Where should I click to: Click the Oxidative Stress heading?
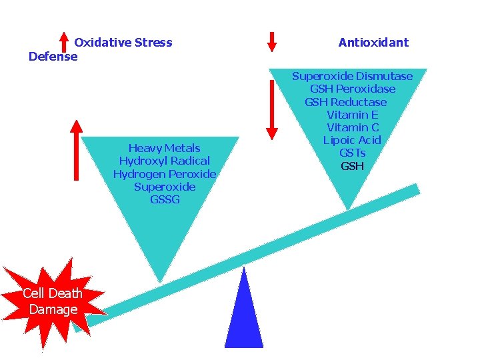click(x=123, y=43)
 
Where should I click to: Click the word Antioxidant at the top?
click(x=373, y=43)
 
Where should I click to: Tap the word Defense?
click(x=53, y=57)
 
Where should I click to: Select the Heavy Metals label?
click(x=164, y=148)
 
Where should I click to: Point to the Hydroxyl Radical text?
click(x=164, y=161)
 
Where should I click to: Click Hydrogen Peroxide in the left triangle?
click(x=164, y=174)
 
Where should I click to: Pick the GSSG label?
click(x=165, y=199)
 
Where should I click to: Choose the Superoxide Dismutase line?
click(x=352, y=76)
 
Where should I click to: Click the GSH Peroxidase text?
click(x=352, y=89)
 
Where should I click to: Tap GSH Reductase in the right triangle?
click(x=345, y=102)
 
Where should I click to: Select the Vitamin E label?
click(x=352, y=115)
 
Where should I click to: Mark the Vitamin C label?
click(x=352, y=127)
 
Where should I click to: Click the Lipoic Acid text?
click(x=352, y=140)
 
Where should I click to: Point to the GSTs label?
click(x=352, y=153)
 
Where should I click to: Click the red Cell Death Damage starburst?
click(x=53, y=300)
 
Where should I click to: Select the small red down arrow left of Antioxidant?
click(x=271, y=41)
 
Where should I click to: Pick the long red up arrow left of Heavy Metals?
click(x=77, y=150)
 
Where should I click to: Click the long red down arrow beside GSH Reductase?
click(x=271, y=110)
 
